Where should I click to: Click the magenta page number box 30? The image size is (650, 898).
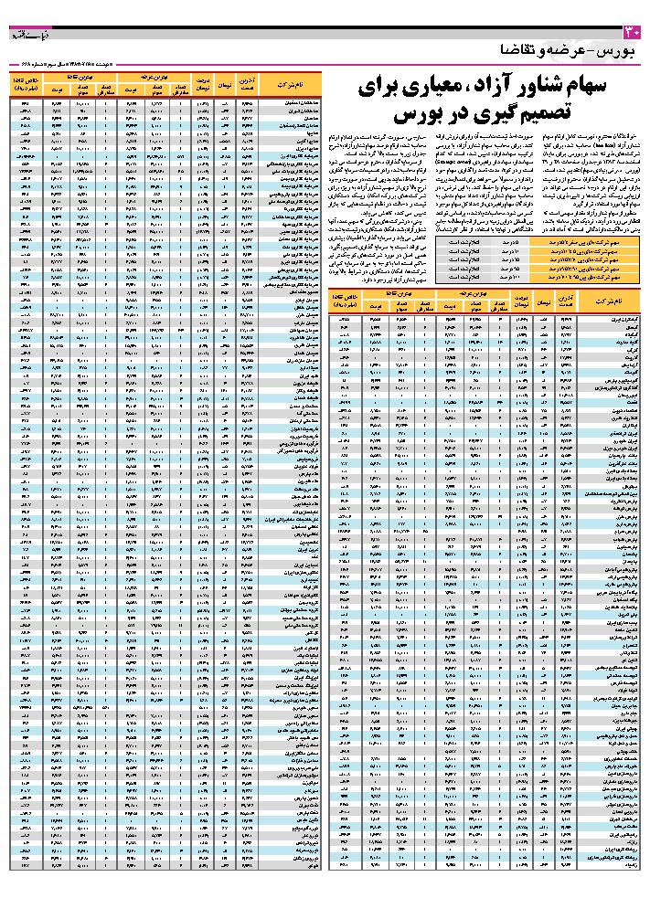638,34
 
